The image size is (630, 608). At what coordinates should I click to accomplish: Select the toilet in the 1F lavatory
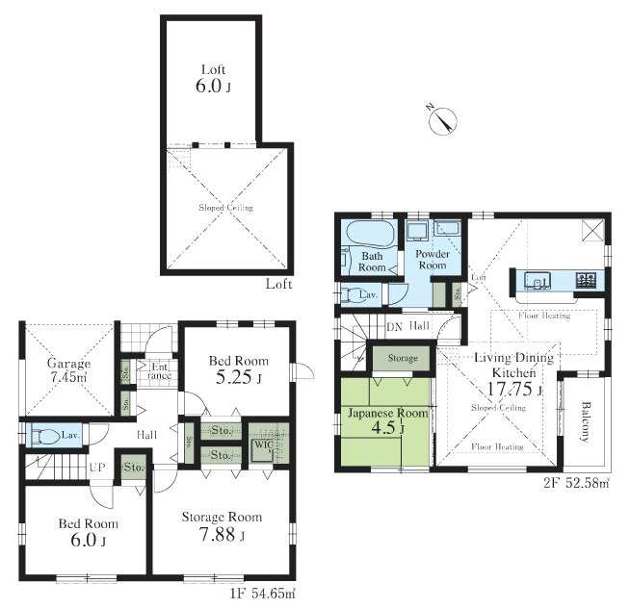41,435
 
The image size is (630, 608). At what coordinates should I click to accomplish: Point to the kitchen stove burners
586,281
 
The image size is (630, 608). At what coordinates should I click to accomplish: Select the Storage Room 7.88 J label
222,525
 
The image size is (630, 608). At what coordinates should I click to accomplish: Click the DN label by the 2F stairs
393,326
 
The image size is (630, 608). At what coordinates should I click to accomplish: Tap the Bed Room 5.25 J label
239,369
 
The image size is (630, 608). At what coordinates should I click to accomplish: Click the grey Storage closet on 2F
403,359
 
